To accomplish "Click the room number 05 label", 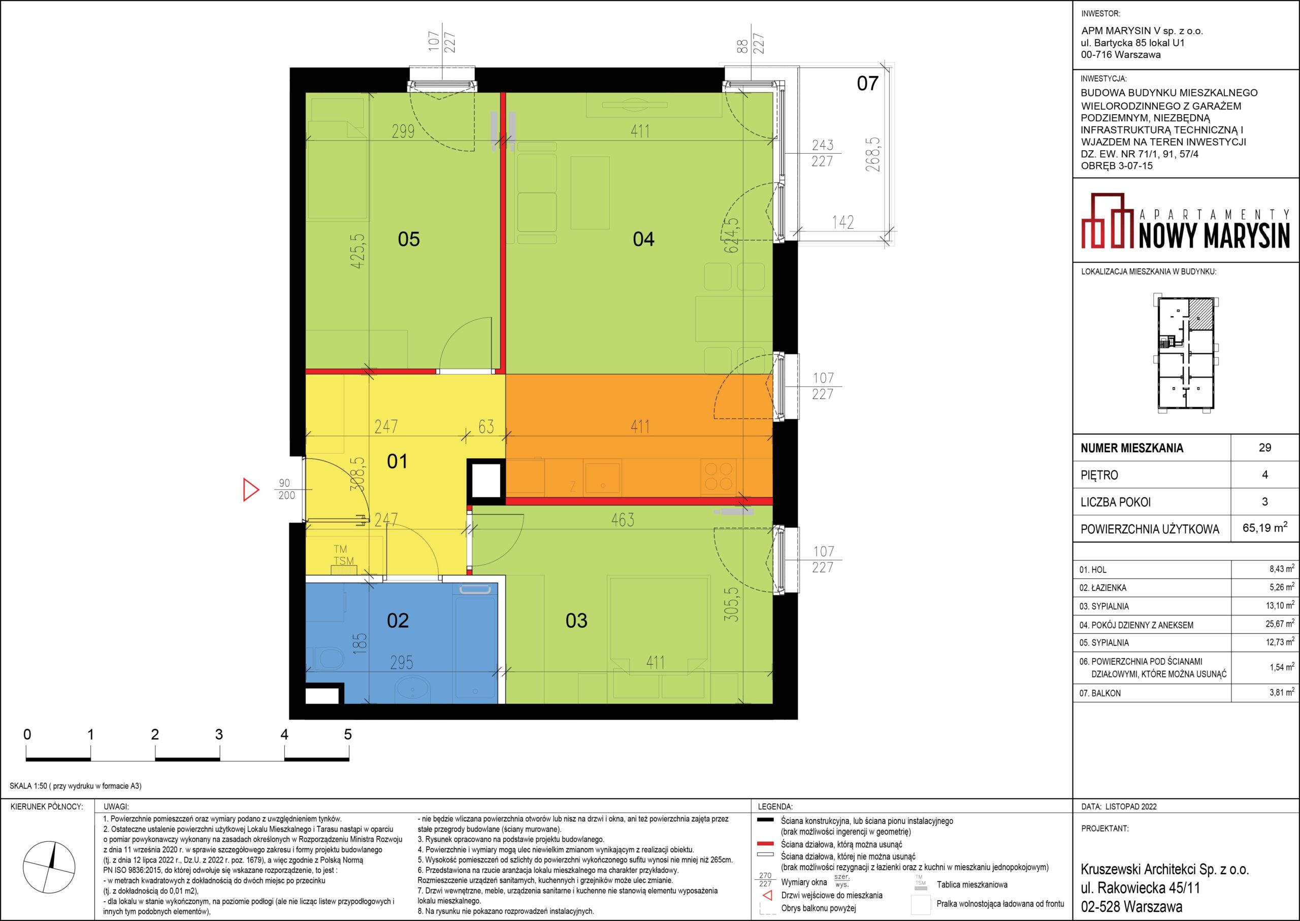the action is pyautogui.click(x=409, y=240).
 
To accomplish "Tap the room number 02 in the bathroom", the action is pyautogui.click(x=397, y=621).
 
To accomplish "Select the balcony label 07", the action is pyautogui.click(x=867, y=84).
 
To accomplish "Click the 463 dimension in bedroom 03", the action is pyautogui.click(x=623, y=520).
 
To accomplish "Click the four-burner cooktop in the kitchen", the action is pyautogui.click(x=719, y=476).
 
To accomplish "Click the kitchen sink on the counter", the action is pyautogui.click(x=603, y=477).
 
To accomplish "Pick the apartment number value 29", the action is pyautogui.click(x=1265, y=448).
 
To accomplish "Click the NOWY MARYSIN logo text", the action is pyautogui.click(x=1214, y=235).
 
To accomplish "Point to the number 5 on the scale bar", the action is pyautogui.click(x=348, y=735).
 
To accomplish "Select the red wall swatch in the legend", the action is pyautogui.click(x=766, y=844).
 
